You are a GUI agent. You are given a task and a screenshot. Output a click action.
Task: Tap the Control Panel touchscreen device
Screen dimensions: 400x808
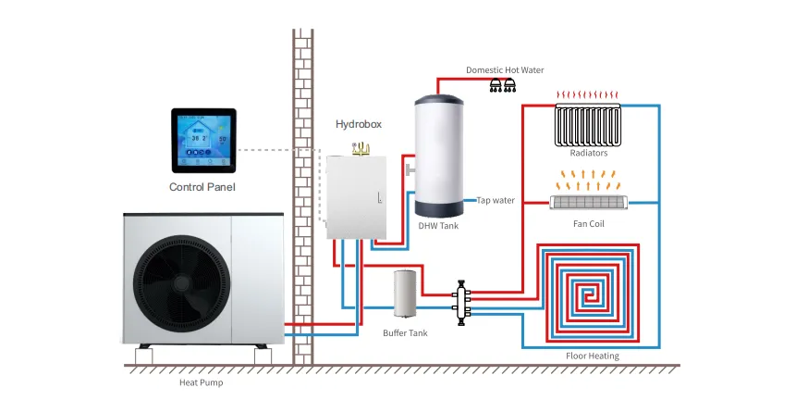pos(203,141)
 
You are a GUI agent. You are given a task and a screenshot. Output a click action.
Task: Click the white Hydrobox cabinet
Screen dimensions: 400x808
pos(358,196)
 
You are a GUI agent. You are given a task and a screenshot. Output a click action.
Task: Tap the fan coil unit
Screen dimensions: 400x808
pos(590,201)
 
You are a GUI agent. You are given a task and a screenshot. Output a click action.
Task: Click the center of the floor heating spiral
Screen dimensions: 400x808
pos(589,294)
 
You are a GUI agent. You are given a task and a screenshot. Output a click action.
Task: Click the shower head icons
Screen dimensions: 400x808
pos(503,86)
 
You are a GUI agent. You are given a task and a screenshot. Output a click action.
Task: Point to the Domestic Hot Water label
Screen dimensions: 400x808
pos(505,69)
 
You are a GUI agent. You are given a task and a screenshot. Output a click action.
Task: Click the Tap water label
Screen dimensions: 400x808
pos(496,200)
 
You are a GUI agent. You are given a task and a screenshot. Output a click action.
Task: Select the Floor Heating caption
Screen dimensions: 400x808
pos(593,356)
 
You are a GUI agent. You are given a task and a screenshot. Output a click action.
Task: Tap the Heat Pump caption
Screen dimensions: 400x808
pos(201,381)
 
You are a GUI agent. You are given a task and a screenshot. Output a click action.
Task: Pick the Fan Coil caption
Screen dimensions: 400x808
pos(589,223)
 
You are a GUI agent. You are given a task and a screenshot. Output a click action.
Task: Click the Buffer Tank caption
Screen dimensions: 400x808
pos(405,331)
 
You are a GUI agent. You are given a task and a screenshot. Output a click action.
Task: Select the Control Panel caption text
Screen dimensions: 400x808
pos(202,187)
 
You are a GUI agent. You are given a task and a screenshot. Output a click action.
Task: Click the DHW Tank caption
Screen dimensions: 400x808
pos(439,225)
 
